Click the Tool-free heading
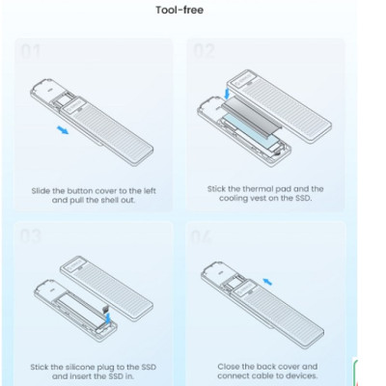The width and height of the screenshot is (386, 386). [x=179, y=10]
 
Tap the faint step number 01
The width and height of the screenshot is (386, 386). [x=31, y=51]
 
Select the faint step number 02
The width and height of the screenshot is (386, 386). [x=204, y=51]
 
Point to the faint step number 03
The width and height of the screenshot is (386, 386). [x=31, y=236]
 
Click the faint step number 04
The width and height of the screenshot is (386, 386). [x=202, y=237]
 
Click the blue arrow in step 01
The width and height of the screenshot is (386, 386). [x=63, y=130]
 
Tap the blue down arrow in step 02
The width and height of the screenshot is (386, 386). [x=228, y=94]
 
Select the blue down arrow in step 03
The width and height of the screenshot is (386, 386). [x=108, y=317]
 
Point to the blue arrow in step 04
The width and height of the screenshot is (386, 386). [x=267, y=282]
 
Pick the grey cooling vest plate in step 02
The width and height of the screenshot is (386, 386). [x=252, y=114]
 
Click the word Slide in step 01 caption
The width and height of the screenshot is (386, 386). [x=41, y=191]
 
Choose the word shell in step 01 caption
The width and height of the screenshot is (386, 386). [x=110, y=200]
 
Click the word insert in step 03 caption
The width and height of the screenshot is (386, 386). [x=81, y=376]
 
